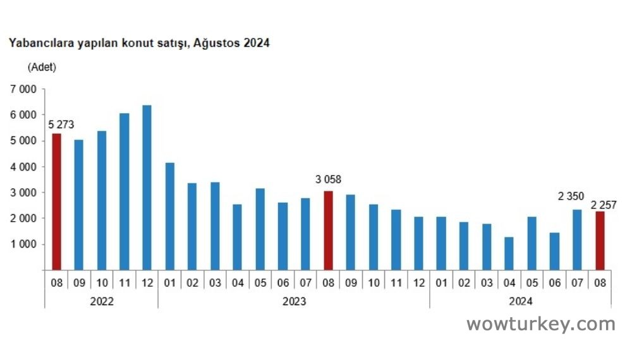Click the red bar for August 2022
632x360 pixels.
coord(56,201)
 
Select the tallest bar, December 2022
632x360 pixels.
coord(147,188)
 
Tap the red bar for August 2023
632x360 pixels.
coord(327,230)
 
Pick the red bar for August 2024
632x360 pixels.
coord(599,241)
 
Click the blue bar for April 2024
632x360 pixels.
coord(509,253)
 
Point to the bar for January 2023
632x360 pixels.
coord(169,216)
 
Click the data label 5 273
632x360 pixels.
coord(61,124)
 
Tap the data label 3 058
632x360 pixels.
coord(328,180)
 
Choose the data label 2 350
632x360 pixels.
coord(571,196)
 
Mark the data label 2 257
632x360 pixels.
coord(604,204)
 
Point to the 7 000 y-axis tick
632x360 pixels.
coord(23,89)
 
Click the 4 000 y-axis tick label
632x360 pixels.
coord(23,167)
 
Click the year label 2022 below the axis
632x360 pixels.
coord(102,301)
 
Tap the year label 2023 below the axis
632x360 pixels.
coord(294,301)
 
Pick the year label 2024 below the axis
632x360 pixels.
coord(520,301)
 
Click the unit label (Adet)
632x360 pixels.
coord(42,67)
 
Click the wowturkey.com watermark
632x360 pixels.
coord(540,325)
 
